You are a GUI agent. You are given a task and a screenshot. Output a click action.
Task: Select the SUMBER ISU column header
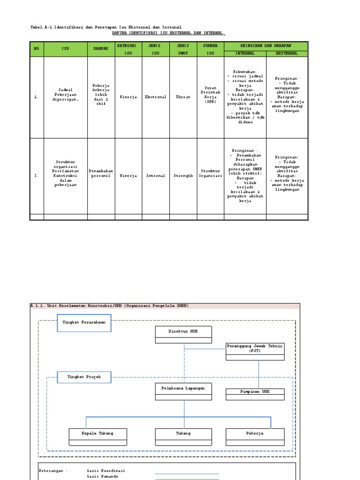tap(210, 49)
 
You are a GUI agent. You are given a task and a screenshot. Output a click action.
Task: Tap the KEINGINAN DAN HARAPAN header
tap(266, 45)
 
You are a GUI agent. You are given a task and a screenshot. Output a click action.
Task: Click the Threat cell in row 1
tap(183, 97)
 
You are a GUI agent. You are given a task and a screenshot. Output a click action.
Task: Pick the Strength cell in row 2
tap(183, 176)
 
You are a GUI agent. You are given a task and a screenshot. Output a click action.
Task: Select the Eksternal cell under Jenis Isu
tap(155, 97)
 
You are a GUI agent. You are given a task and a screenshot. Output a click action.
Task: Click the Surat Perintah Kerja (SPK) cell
tap(210, 97)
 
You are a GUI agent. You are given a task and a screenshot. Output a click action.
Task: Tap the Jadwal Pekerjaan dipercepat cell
tap(66, 97)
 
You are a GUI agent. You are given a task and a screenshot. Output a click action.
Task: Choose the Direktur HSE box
tap(183, 331)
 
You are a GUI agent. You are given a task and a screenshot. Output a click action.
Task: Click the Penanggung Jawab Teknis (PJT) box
tap(255, 348)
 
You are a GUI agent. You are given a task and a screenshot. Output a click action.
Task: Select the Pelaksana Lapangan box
tap(183, 388)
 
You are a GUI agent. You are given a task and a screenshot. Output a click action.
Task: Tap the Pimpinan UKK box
tap(255, 391)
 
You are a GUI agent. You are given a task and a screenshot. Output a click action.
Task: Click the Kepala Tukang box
tap(97, 434)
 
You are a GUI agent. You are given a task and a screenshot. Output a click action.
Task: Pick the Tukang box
tap(183, 434)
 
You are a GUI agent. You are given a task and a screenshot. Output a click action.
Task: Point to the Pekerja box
tap(255, 434)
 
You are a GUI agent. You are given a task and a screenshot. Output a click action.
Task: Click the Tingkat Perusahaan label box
tap(84, 322)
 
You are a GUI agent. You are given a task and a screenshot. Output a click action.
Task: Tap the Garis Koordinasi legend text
tap(106, 470)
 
